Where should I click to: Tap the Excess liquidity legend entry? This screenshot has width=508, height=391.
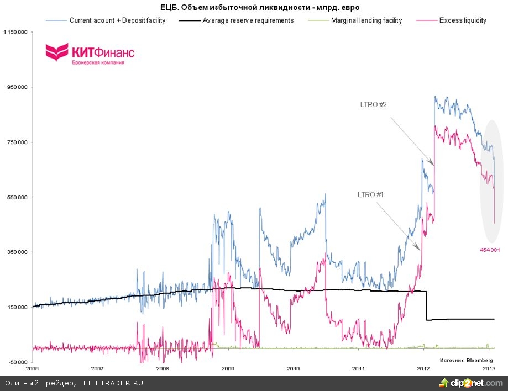coord(463,20)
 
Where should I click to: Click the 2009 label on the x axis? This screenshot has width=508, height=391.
coord(228,368)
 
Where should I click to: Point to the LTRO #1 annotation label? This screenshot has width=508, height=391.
coord(371,194)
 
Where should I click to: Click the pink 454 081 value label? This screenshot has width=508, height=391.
coord(490,250)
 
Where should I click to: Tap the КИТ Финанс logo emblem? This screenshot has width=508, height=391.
coord(56,53)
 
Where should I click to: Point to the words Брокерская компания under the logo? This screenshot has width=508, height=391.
coord(98,63)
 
